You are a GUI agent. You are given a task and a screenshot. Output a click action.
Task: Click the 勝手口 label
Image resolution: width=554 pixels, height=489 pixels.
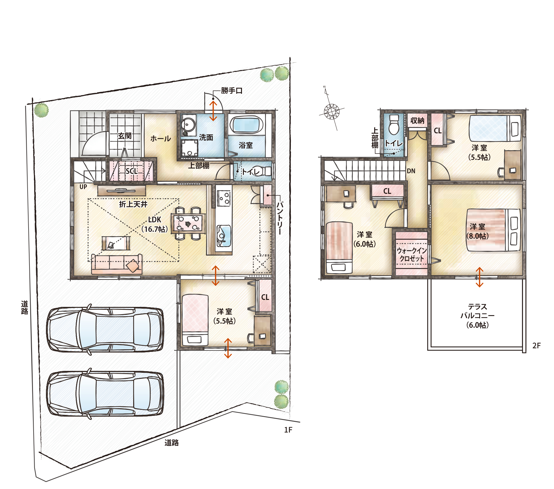(232, 91)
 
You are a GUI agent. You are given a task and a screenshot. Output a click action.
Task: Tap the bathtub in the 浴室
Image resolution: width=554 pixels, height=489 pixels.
(246, 125)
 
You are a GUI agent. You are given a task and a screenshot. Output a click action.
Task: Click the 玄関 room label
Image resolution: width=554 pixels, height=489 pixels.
(125, 136)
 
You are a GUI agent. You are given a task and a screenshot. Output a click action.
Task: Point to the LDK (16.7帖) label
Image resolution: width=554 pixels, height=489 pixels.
(154, 224)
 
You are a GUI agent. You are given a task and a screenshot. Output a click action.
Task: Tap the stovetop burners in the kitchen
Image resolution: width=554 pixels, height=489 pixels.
(224, 198)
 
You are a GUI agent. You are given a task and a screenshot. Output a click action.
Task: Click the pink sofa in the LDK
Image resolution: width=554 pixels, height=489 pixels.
(117, 264)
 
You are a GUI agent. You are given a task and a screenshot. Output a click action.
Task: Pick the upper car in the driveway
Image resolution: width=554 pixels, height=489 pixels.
(105, 329)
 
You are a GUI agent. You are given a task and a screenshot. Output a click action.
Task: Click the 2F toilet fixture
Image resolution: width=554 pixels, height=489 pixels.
(394, 125)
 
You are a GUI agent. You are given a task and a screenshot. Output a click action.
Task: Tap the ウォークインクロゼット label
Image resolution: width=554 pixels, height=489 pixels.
(412, 254)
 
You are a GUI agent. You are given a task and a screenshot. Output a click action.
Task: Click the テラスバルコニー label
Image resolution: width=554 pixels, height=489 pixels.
(477, 316)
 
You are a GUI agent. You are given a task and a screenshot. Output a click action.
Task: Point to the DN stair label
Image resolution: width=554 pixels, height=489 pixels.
(411, 171)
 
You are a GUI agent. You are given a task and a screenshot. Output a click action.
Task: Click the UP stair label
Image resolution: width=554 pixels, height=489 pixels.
(83, 187)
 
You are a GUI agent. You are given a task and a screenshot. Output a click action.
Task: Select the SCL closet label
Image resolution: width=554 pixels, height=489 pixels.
(132, 171)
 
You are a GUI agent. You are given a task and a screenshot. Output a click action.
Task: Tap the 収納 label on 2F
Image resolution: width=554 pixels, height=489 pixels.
(417, 120)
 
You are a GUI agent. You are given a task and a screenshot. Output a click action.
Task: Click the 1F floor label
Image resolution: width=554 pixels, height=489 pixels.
(288, 430)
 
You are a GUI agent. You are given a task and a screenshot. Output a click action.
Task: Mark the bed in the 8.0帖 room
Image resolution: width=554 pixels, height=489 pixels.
(493, 230)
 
